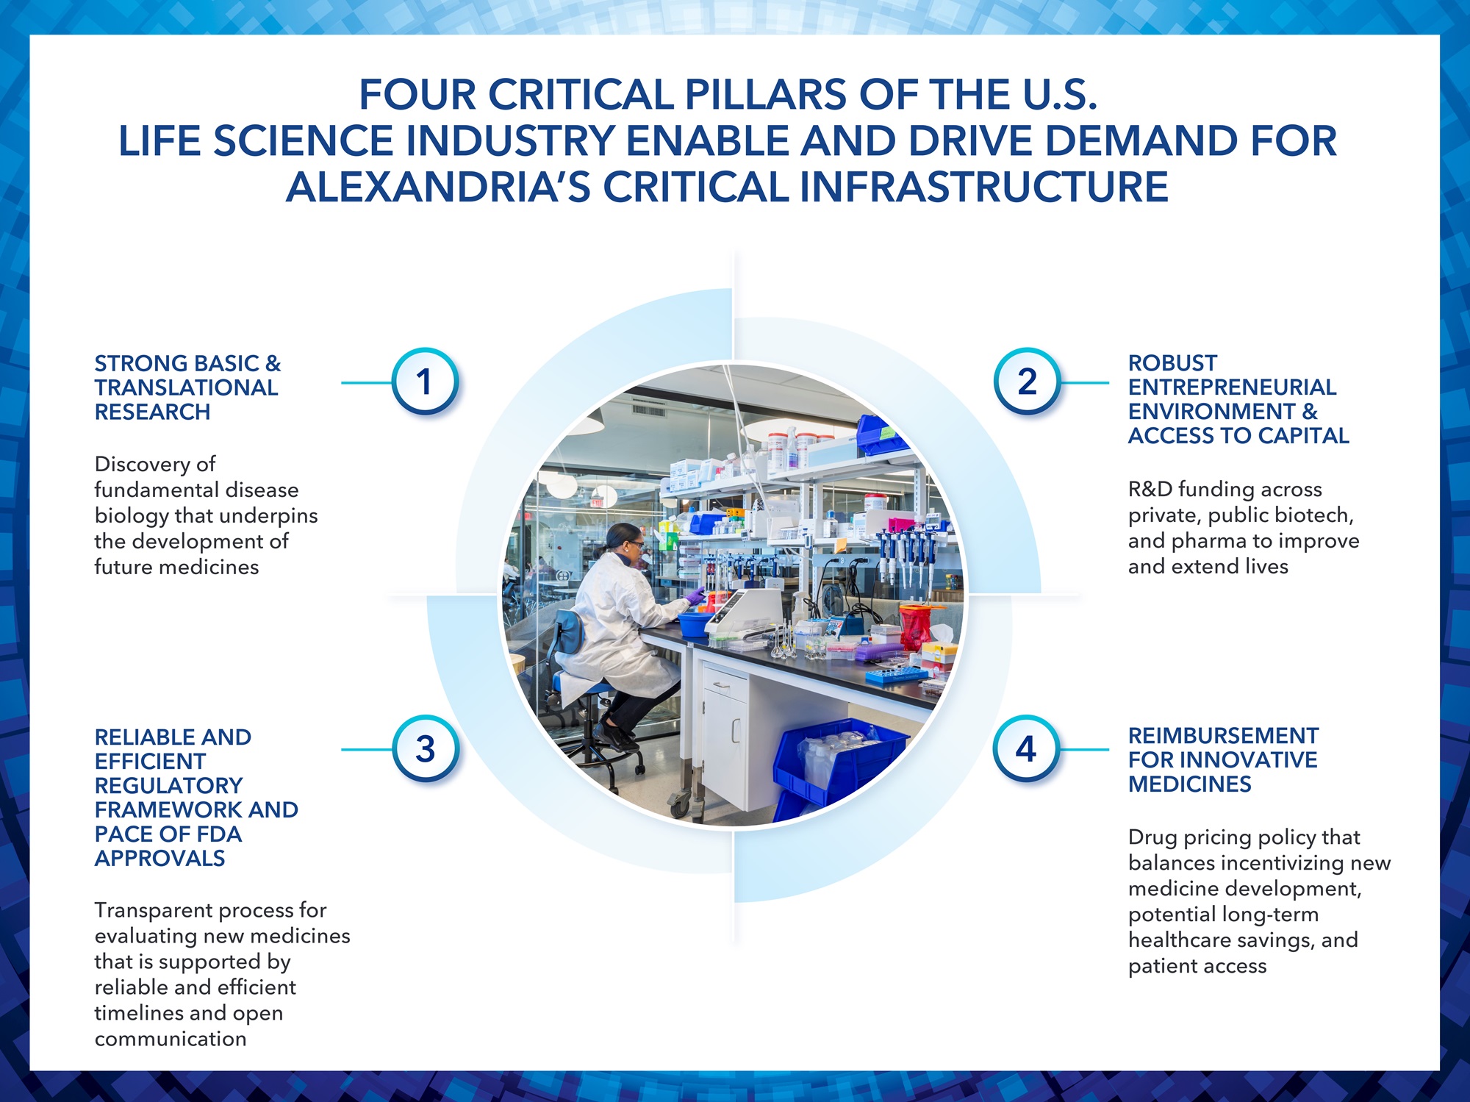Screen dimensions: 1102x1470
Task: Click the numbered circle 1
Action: (425, 382)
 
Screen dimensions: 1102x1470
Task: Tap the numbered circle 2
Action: (1027, 382)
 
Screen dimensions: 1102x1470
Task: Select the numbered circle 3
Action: (425, 749)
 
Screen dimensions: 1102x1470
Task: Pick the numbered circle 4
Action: (1026, 749)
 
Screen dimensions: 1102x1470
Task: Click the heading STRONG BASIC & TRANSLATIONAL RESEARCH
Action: (187, 387)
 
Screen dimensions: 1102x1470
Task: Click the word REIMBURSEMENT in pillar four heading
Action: (1223, 736)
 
